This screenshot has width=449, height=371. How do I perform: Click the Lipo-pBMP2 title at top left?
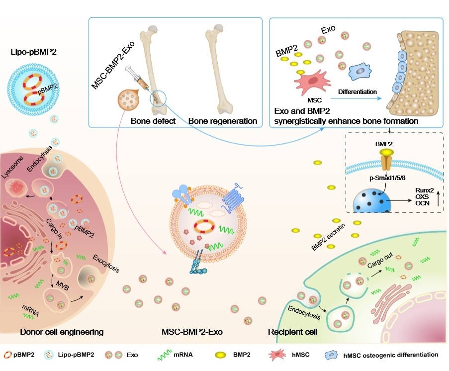[33, 51]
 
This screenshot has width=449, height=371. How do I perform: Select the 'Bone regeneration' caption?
[222, 121]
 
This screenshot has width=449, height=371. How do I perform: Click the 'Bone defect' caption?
[153, 121]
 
